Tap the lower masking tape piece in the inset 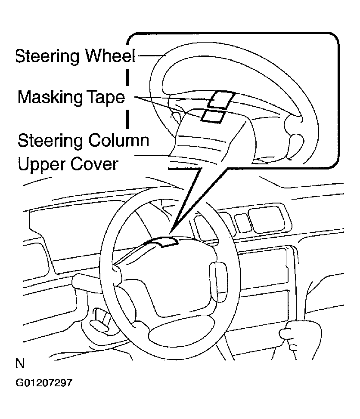[x=213, y=116]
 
